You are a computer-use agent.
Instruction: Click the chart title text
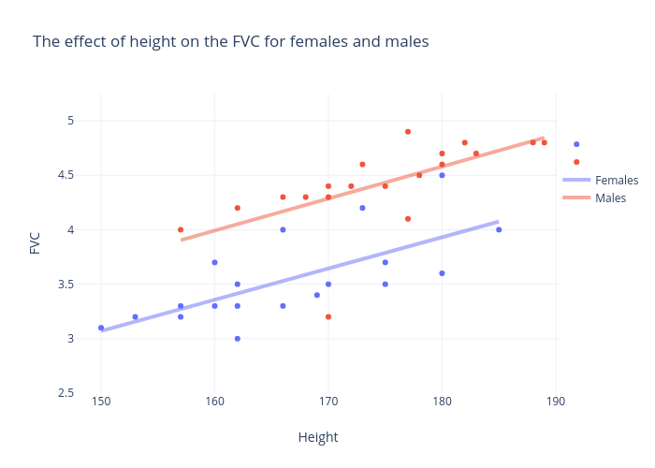[230, 42]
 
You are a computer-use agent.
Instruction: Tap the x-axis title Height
[317, 437]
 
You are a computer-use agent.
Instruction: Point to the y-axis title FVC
[36, 243]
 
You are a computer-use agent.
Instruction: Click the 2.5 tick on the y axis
[65, 393]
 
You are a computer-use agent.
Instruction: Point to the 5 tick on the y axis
[70, 121]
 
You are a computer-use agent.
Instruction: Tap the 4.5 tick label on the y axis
[65, 175]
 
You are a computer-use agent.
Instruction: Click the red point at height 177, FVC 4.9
[408, 132]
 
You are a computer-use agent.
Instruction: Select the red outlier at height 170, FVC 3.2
[328, 316]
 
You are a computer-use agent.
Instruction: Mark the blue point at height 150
[101, 328]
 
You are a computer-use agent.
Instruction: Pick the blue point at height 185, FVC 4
[499, 229]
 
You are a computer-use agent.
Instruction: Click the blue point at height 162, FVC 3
[238, 339]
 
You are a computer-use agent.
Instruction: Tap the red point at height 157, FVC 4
[181, 229]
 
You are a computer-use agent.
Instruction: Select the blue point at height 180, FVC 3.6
[442, 273]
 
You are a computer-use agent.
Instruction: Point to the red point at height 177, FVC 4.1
[408, 219]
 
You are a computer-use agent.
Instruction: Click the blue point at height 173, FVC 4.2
[362, 208]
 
